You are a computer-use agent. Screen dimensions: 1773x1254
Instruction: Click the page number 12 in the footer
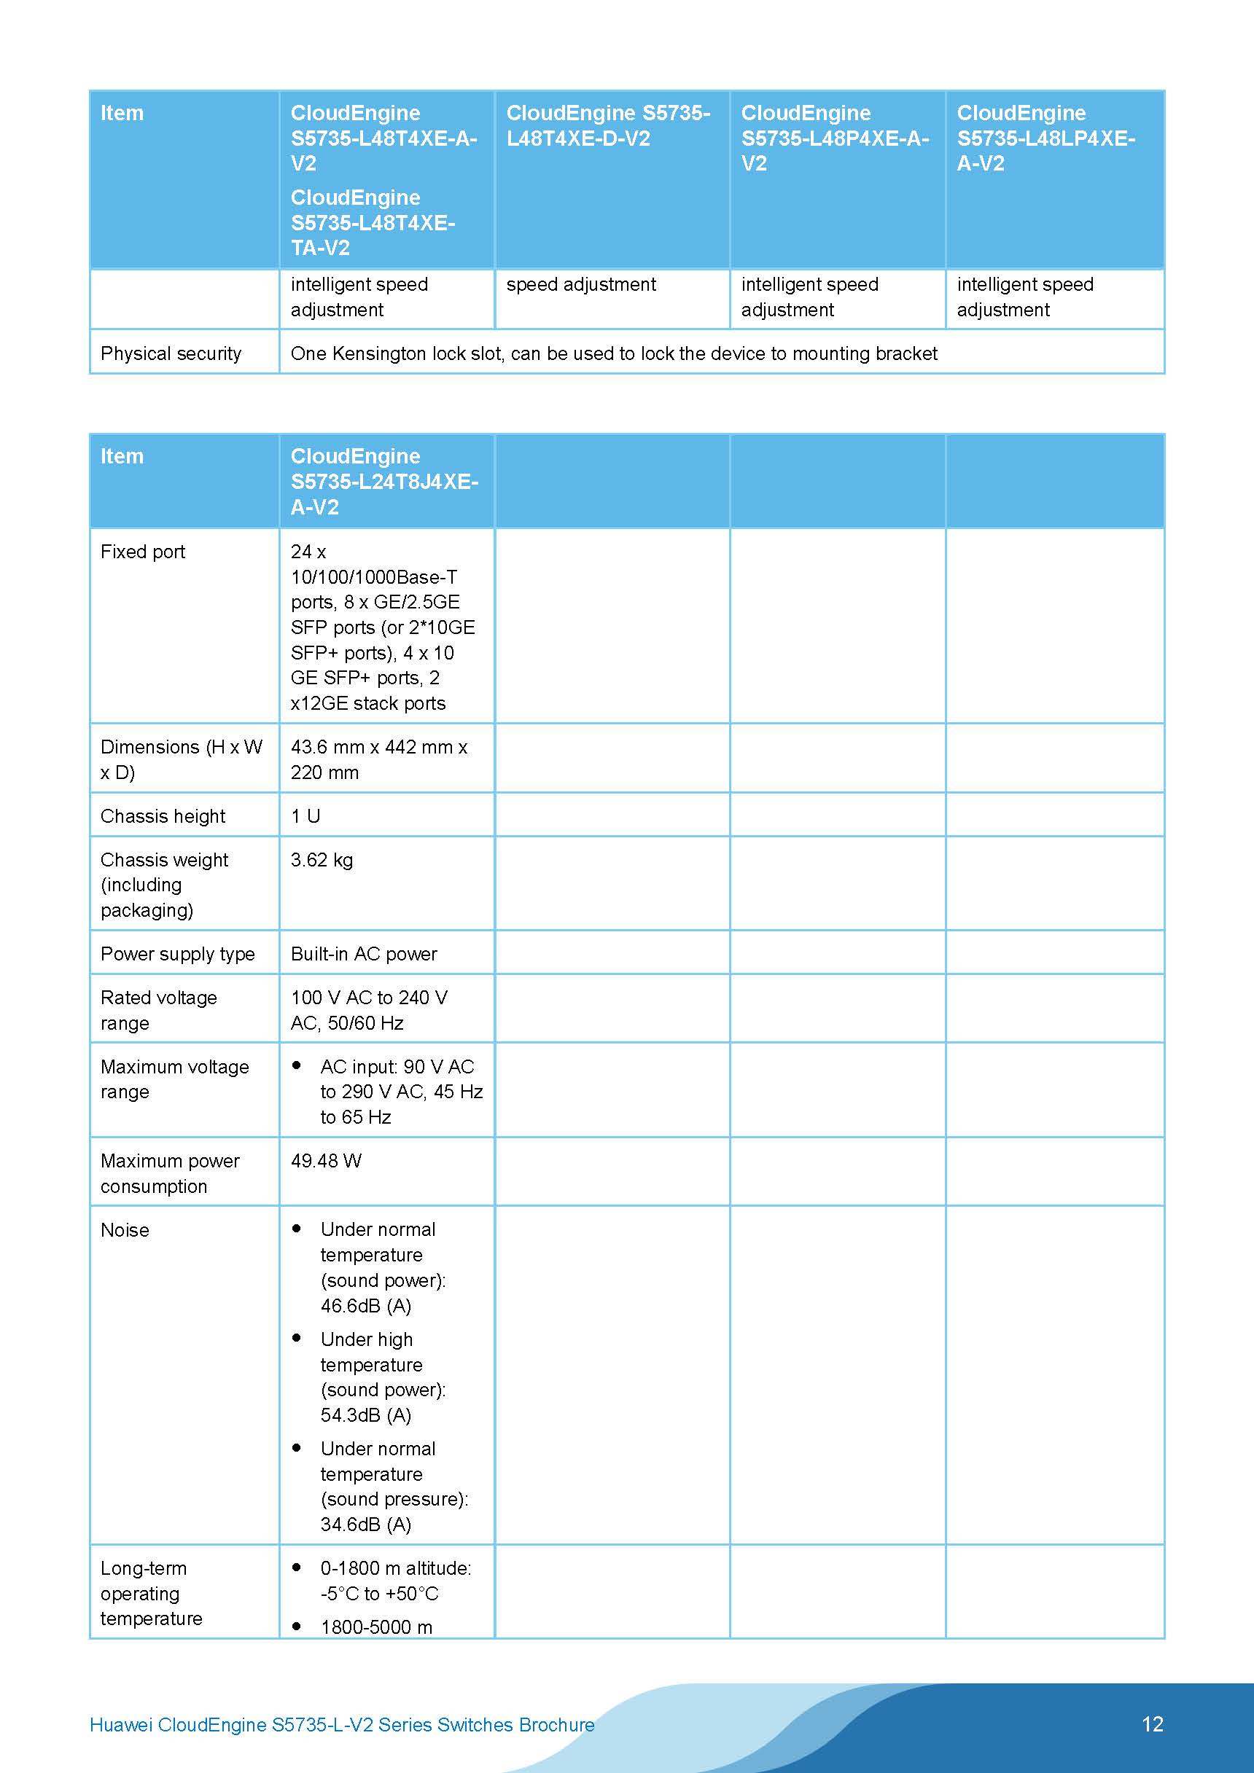click(1151, 1723)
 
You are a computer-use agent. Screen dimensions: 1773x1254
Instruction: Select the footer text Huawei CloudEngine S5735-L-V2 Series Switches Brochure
click(341, 1724)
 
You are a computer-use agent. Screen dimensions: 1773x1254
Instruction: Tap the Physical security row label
click(171, 353)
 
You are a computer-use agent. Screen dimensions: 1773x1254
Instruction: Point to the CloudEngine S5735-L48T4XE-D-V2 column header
click(608, 126)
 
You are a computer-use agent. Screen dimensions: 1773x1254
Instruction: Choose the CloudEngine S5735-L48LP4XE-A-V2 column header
click(1045, 138)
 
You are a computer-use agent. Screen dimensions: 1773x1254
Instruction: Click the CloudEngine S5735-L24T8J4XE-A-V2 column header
click(384, 481)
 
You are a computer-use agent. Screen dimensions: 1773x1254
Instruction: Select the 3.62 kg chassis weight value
click(322, 859)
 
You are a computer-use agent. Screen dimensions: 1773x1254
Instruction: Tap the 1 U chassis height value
click(305, 816)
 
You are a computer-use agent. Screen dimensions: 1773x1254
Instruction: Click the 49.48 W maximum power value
click(325, 1161)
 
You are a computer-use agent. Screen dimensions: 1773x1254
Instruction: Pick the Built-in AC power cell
click(363, 954)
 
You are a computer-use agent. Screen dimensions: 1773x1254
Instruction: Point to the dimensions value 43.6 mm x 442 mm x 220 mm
click(378, 759)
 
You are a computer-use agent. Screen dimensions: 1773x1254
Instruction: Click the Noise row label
click(125, 1230)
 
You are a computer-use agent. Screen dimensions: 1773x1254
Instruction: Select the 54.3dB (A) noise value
click(365, 1414)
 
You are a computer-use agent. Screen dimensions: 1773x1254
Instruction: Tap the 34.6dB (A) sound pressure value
click(365, 1525)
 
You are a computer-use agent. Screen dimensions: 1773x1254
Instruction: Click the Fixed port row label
click(143, 552)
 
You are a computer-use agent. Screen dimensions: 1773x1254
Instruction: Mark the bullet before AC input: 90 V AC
click(297, 1065)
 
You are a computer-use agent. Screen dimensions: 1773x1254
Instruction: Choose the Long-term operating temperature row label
click(151, 1593)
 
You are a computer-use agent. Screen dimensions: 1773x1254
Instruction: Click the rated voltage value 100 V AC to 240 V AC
click(369, 1010)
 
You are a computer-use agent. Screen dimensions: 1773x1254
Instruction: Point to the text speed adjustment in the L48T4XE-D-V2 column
click(581, 284)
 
